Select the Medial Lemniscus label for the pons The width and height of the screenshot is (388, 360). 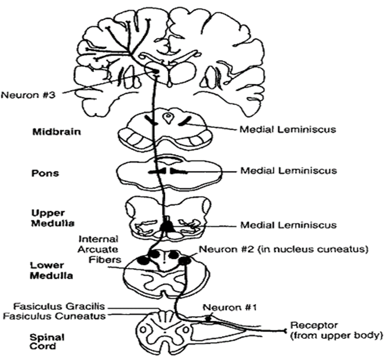click(288, 171)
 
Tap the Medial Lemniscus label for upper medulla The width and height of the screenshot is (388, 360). click(288, 225)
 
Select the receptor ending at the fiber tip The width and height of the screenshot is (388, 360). click(284, 329)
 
